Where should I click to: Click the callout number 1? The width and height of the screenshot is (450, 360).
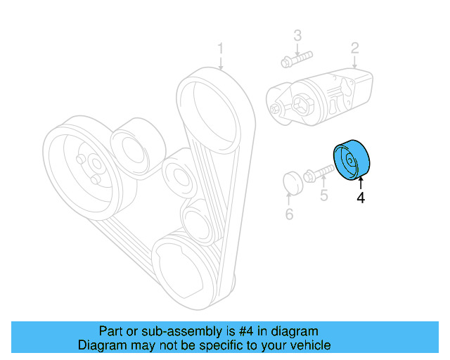click(x=220, y=49)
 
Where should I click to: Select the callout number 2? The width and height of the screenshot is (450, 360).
click(x=355, y=48)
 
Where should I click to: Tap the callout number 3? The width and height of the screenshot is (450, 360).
click(x=297, y=34)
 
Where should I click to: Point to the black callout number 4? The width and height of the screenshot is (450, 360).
click(x=361, y=198)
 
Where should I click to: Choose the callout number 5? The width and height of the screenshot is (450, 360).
click(x=323, y=195)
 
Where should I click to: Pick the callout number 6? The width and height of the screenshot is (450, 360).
click(x=289, y=214)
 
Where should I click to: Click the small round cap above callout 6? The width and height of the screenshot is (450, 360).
click(x=291, y=183)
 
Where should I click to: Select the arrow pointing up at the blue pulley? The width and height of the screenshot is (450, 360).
click(x=360, y=184)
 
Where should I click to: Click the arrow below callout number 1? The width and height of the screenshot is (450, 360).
click(x=221, y=63)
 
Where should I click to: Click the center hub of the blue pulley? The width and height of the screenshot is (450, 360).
click(x=352, y=162)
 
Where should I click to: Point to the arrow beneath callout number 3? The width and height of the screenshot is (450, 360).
click(x=297, y=49)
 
